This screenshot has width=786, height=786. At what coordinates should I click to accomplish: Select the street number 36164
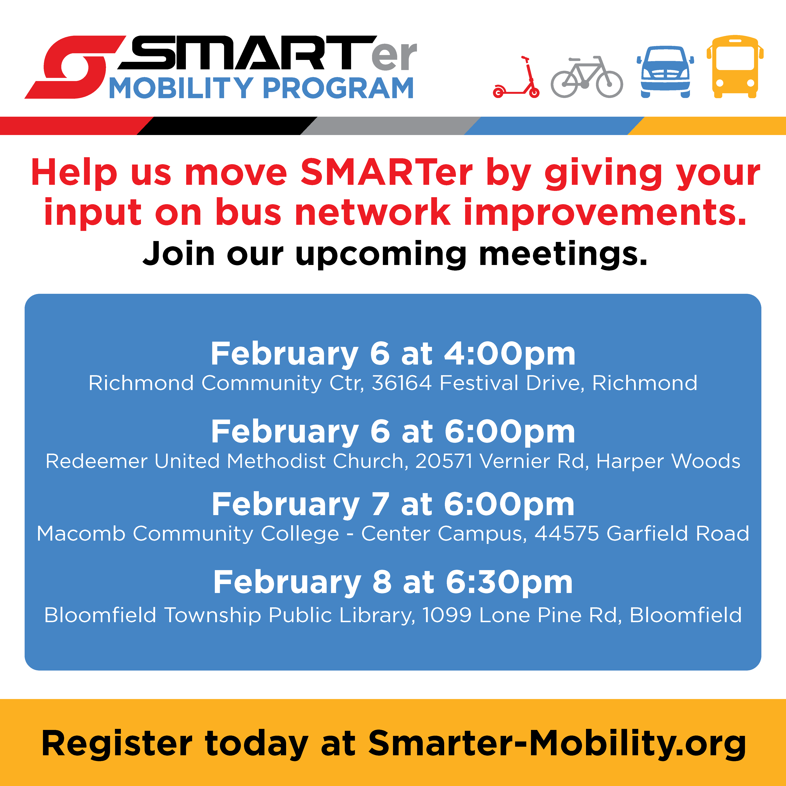coord(402,383)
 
